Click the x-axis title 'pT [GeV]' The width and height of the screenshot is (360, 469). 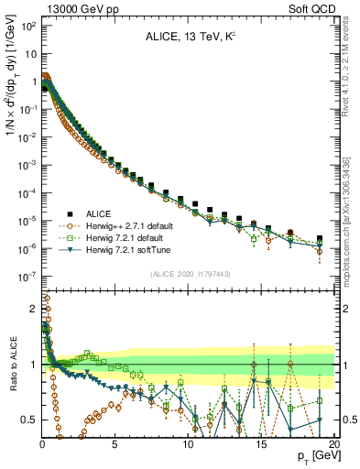(x=314, y=455)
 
